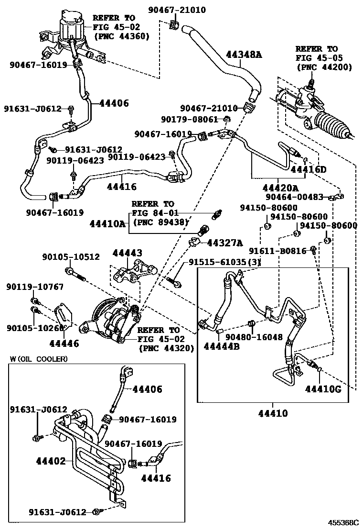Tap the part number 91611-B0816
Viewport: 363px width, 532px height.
pos(278,251)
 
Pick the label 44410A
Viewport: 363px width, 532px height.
pos(108,223)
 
